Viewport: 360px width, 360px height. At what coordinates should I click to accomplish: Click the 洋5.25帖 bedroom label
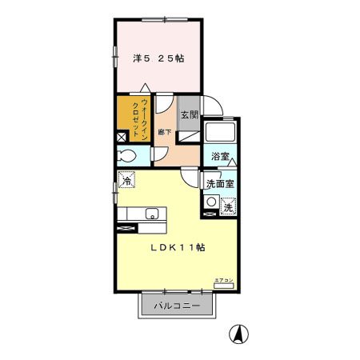158,58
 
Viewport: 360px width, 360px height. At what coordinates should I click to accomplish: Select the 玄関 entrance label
188,115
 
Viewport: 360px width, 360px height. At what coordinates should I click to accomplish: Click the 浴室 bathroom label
220,157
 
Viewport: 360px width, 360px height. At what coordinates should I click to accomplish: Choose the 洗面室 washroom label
219,184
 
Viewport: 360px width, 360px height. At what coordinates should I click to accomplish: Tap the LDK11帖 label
178,248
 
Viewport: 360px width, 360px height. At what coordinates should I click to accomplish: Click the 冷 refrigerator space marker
127,181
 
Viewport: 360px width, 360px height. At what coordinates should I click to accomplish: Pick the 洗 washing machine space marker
229,206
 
